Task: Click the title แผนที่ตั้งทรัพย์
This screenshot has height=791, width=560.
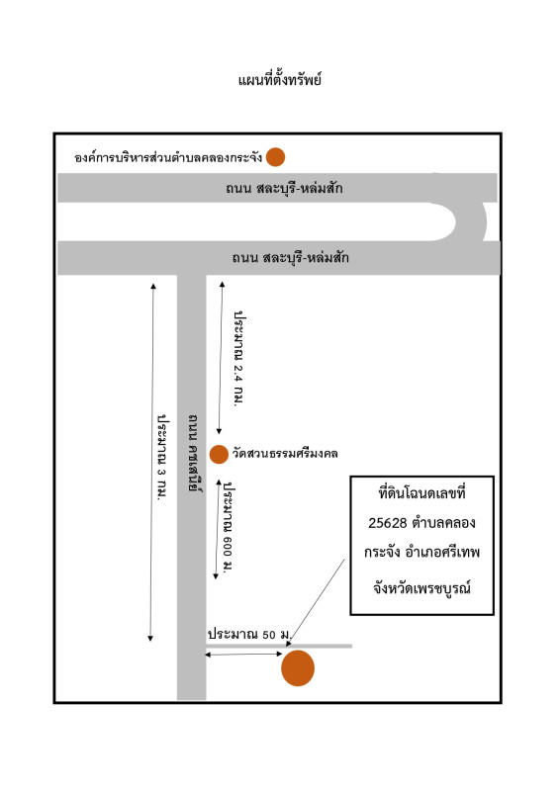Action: pyautogui.click(x=280, y=80)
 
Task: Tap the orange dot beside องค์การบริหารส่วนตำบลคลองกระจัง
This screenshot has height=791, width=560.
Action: pyautogui.click(x=275, y=157)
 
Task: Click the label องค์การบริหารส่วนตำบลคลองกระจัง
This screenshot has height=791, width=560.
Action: pyautogui.click(x=168, y=157)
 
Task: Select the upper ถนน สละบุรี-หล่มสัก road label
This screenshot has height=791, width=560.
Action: pyautogui.click(x=284, y=188)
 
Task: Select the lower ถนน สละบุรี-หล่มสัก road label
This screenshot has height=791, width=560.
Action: pyautogui.click(x=290, y=258)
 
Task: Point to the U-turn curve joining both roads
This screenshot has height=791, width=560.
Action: pyautogui.click(x=472, y=221)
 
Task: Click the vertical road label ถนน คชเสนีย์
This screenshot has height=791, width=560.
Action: pyautogui.click(x=192, y=453)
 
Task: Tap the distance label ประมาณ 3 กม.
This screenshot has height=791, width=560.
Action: pyautogui.click(x=162, y=457)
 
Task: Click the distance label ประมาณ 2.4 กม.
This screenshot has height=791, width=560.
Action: pyautogui.click(x=238, y=359)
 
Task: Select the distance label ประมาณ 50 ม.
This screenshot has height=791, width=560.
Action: pyautogui.click(x=249, y=634)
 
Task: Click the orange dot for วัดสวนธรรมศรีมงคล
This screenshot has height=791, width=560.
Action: pyautogui.click(x=219, y=454)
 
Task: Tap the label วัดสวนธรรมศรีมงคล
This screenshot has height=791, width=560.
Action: pyautogui.click(x=285, y=454)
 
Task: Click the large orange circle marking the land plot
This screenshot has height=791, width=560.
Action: pyautogui.click(x=298, y=668)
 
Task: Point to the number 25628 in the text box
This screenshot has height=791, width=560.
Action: pyautogui.click(x=387, y=523)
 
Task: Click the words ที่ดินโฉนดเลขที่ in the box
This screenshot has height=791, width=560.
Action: pyautogui.click(x=422, y=492)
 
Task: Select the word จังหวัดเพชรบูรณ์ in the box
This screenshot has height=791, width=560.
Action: pyautogui.click(x=422, y=587)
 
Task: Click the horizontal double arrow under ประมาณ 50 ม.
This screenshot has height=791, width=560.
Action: pyautogui.click(x=243, y=655)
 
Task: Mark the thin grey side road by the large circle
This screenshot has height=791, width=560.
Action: pyautogui.click(x=279, y=646)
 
